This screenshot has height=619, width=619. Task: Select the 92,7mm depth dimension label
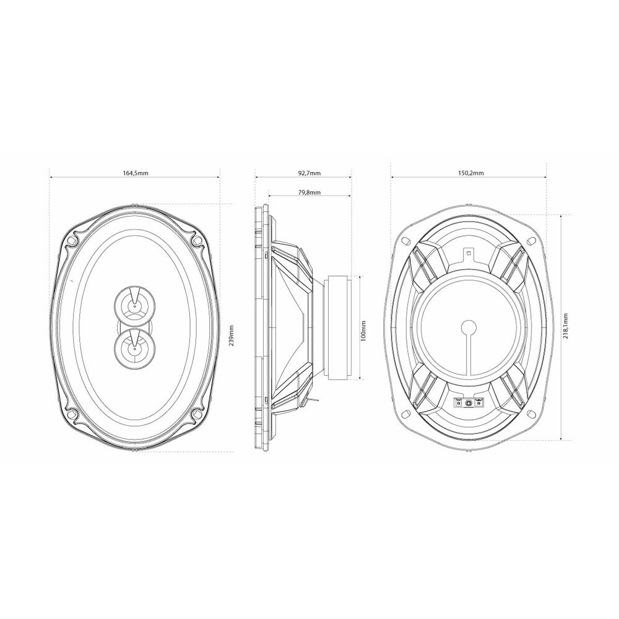(x=309, y=173)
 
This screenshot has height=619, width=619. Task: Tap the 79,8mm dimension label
(x=309, y=193)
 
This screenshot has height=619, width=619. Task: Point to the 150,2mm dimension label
(x=471, y=173)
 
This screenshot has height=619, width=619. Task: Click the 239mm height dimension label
(x=232, y=335)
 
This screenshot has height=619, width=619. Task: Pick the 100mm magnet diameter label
(x=363, y=330)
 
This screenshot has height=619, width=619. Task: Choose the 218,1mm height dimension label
(x=566, y=327)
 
